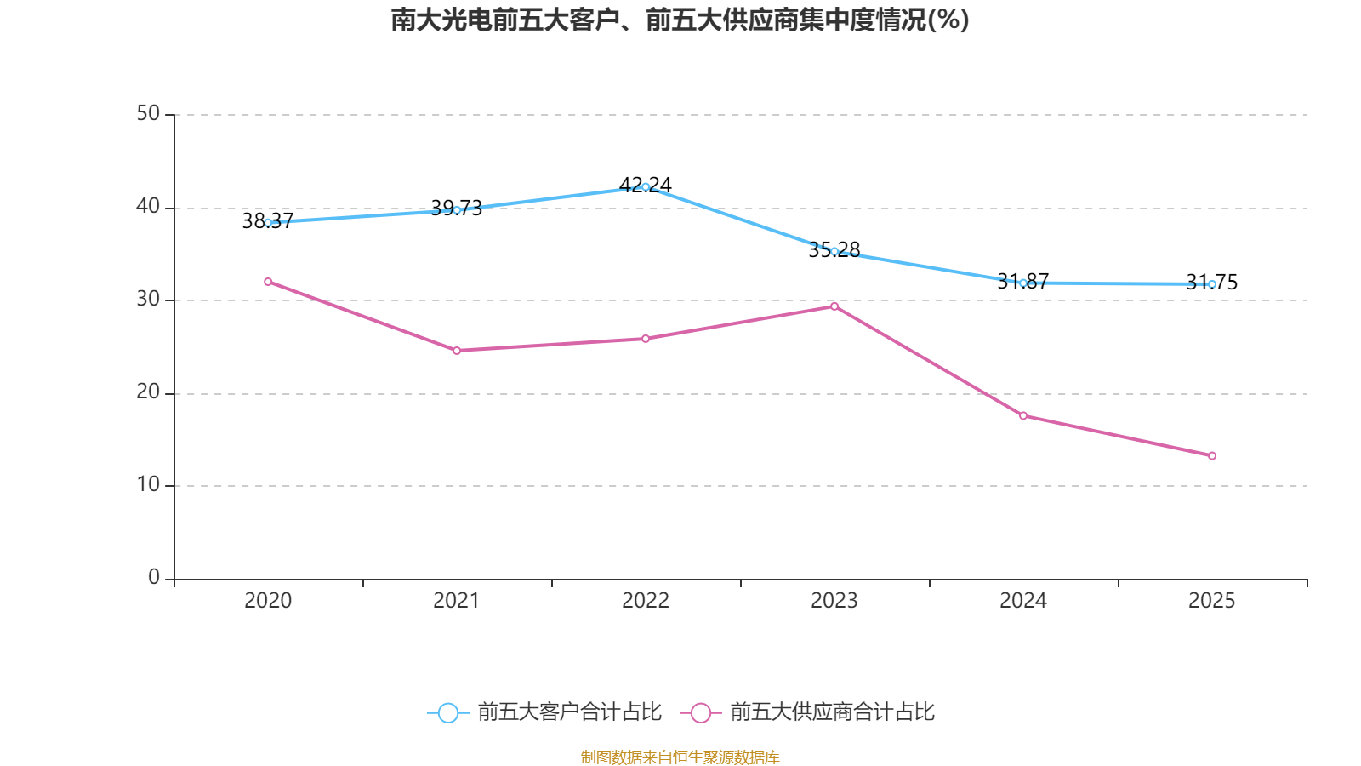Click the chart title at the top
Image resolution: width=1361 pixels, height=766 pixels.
pos(680,20)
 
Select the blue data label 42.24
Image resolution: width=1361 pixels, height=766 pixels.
pos(646,185)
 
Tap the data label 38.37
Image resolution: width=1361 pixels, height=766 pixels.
pos(268,221)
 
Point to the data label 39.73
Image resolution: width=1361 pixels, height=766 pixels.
pos(457,209)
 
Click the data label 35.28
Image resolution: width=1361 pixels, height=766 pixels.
pos(834,250)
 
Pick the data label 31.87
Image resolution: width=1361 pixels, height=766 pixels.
pos(1023,282)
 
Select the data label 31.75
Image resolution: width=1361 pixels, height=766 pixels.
pos(1212,283)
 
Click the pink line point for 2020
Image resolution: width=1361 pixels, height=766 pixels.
pos(268,281)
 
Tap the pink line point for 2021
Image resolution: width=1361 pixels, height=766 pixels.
pos(457,351)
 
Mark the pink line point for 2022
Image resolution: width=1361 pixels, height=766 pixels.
pos(646,339)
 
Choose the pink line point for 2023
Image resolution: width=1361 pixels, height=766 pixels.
pos(834,306)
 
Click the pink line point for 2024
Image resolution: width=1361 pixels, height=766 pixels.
pos(1023,415)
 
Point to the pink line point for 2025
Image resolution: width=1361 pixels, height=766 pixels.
pos(1212,455)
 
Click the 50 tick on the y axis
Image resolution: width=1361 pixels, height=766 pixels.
pos(148,113)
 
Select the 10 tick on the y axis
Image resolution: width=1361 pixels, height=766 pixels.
pos(148,484)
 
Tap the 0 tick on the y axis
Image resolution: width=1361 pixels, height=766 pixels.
pos(154,578)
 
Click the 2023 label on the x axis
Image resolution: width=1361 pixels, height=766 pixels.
pos(834,601)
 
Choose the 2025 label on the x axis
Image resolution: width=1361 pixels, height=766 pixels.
pos(1212,601)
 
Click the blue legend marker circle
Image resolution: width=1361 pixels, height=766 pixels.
pos(447,712)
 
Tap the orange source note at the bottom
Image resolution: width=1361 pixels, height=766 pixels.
pos(680,757)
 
